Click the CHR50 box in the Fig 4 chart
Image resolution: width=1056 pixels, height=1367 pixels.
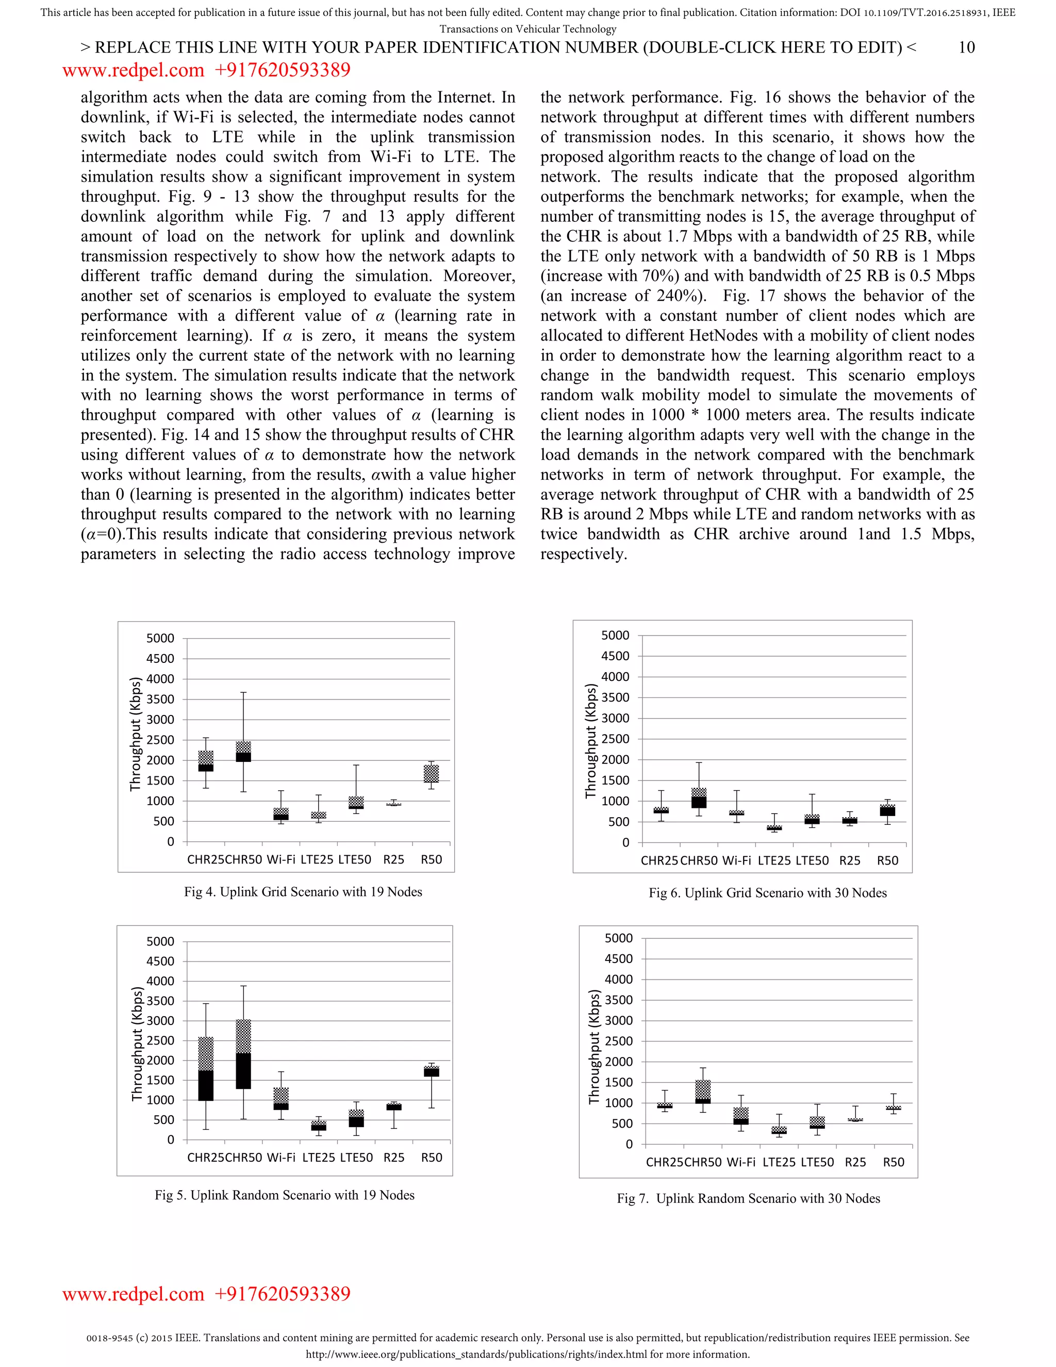coord(243,752)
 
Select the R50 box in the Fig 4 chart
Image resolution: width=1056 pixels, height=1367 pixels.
coord(431,774)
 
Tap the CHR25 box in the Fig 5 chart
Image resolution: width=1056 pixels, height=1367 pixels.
coord(206,1068)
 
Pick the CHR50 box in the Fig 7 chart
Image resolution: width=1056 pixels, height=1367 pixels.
coord(703,1092)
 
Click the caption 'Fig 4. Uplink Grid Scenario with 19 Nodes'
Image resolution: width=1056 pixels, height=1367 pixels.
coord(303,892)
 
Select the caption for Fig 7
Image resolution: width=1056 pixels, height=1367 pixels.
coord(748,1198)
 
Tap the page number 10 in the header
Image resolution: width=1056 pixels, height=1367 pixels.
coord(967,47)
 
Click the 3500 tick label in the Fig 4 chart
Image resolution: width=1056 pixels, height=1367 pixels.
coord(160,699)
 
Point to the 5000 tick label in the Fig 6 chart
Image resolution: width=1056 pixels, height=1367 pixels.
coord(615,636)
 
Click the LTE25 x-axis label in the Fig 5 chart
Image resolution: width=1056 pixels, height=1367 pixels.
coord(319,1158)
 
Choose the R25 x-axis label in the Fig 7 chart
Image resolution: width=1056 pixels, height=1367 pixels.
coord(855,1162)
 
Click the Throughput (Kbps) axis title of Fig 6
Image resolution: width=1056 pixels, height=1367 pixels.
coord(590,741)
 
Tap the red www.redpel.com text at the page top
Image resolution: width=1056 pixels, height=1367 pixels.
coord(133,70)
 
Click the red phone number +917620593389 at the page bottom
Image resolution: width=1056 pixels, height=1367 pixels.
coord(282,1294)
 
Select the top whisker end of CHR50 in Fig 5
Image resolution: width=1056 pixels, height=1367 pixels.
coord(243,986)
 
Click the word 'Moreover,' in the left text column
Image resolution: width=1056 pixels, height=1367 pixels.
coord(479,276)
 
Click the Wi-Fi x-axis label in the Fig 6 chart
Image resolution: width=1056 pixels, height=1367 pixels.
coord(736,860)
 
